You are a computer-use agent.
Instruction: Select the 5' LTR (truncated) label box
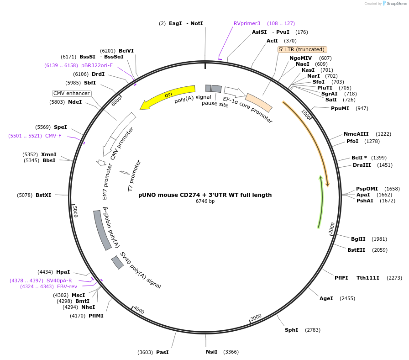click(302, 49)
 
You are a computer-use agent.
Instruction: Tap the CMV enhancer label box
click(72, 93)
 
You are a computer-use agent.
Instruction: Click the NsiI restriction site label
click(212, 352)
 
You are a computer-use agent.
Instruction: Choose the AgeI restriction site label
click(326, 298)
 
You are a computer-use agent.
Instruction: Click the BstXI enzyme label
click(43, 195)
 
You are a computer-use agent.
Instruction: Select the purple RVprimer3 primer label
click(246, 23)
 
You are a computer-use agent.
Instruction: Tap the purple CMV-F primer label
click(53, 136)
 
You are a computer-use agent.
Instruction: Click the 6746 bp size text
click(205, 201)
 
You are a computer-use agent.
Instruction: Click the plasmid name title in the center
click(205, 195)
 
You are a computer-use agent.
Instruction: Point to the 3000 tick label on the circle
click(256, 317)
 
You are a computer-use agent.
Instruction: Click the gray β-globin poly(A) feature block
click(102, 230)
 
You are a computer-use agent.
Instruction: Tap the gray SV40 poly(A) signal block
click(117, 262)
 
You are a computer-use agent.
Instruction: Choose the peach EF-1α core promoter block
click(259, 102)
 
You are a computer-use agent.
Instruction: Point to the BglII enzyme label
click(358, 239)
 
